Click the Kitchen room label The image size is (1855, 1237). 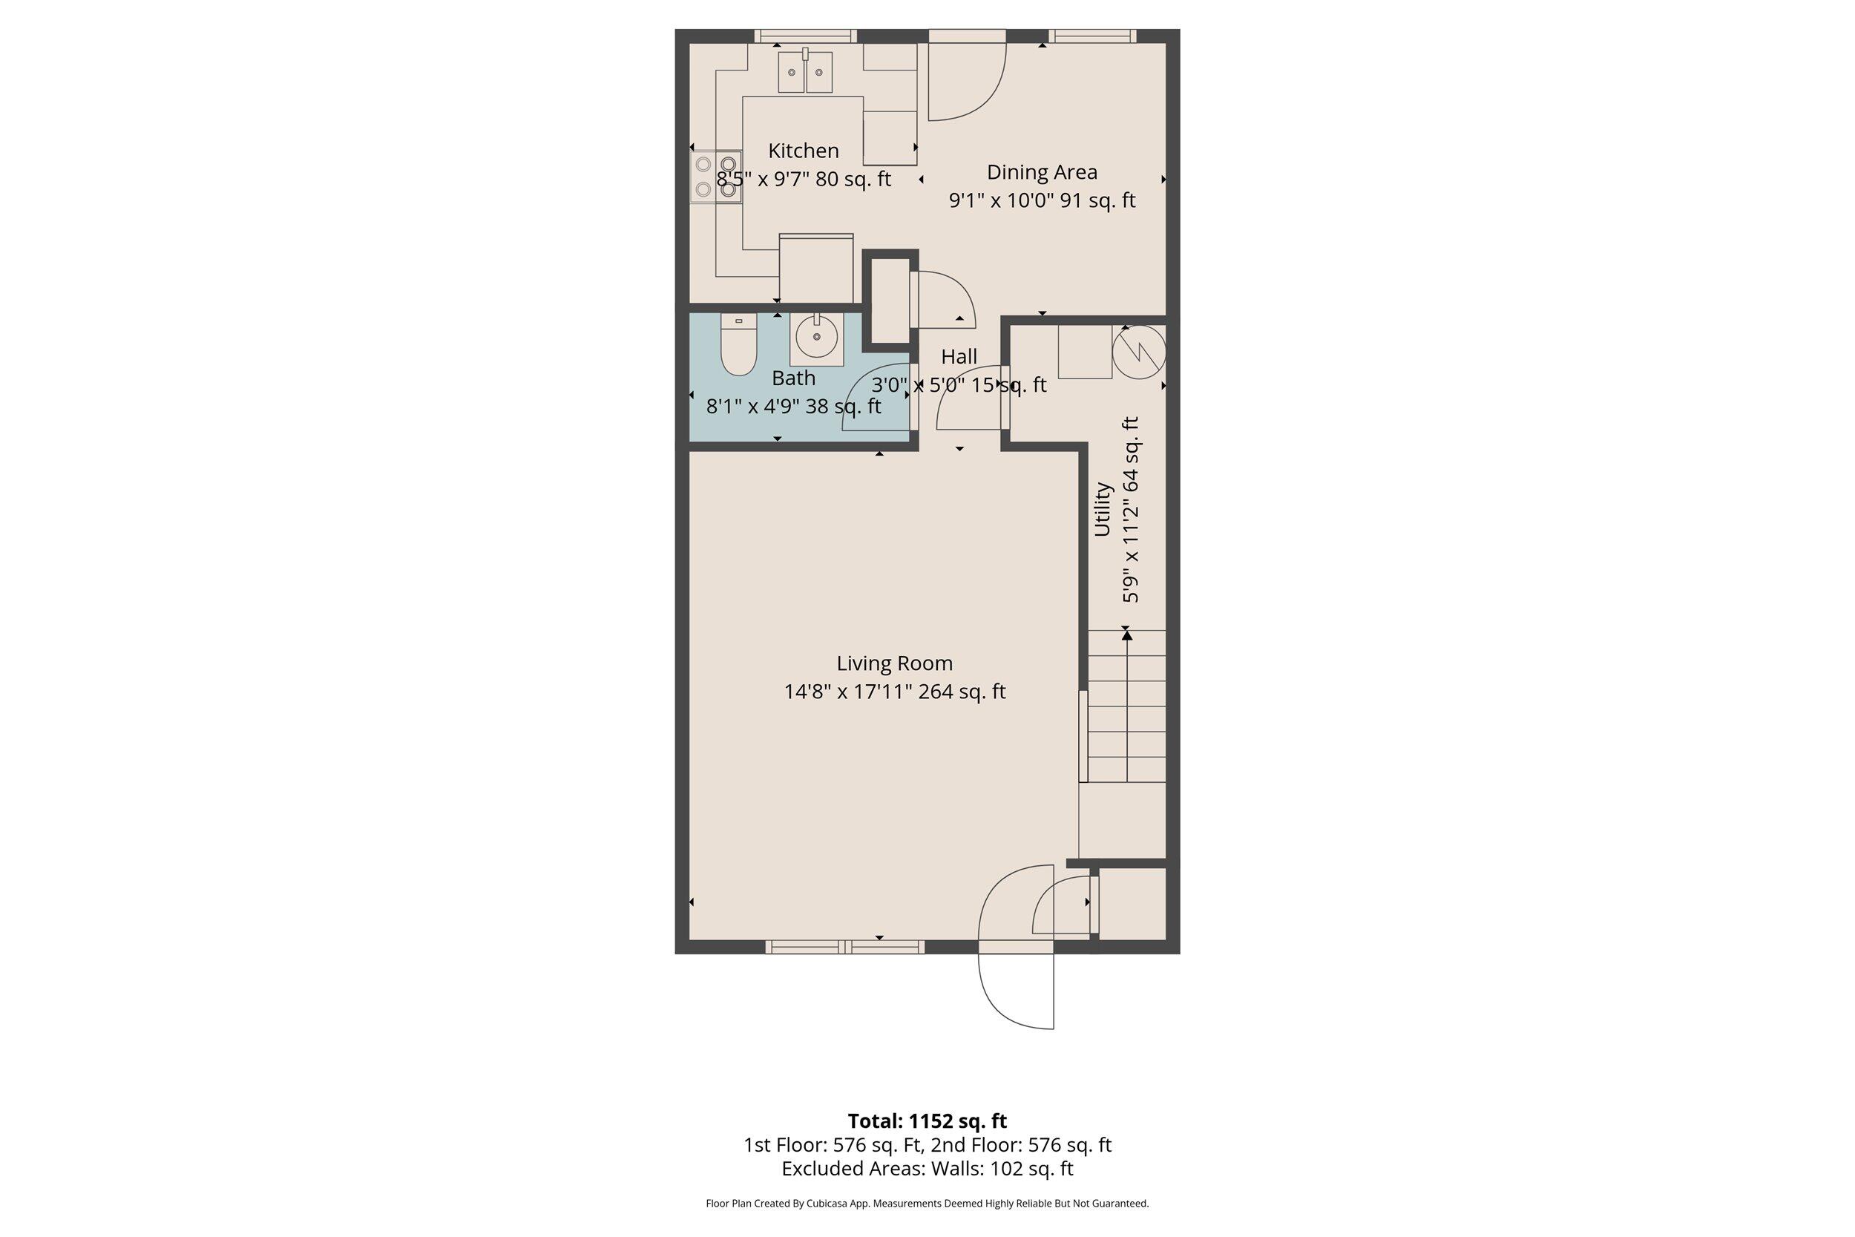pyautogui.click(x=803, y=151)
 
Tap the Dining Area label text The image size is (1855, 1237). pyautogui.click(x=1041, y=172)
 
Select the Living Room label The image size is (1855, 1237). pyautogui.click(x=893, y=663)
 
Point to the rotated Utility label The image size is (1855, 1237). pyautogui.click(x=1102, y=510)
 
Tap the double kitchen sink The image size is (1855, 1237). pyautogui.click(x=805, y=73)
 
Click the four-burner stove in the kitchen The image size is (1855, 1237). pyautogui.click(x=716, y=177)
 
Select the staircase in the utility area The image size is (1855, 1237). pyautogui.click(x=1126, y=706)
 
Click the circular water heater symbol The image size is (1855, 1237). pyautogui.click(x=1138, y=352)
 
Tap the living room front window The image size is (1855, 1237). pyautogui.click(x=844, y=947)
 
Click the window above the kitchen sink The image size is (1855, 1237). pyautogui.click(x=805, y=36)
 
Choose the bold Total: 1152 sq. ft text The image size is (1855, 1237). pyautogui.click(x=927, y=1121)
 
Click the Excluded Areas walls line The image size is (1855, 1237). pyautogui.click(x=927, y=1169)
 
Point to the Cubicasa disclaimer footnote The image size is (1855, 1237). pyautogui.click(x=927, y=1204)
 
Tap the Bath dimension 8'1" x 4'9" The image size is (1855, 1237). pyautogui.click(x=792, y=407)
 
